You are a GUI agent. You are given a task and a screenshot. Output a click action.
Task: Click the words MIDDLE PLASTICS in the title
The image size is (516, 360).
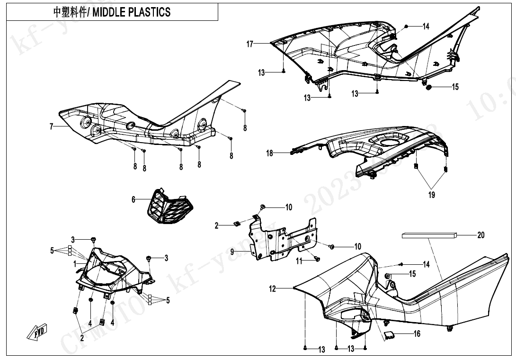pos(132,12)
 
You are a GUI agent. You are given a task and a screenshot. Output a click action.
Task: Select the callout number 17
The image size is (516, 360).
pos(250,44)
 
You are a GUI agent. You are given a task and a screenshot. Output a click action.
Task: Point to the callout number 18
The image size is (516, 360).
pos(269,153)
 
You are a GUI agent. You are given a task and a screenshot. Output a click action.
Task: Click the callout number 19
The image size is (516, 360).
pos(432,194)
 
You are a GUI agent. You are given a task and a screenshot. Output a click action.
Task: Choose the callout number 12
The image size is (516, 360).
pos(273,288)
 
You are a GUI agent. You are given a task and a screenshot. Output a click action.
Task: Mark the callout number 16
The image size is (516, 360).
pos(417,334)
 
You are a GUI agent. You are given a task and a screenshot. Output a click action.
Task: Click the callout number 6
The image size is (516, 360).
pos(133,200)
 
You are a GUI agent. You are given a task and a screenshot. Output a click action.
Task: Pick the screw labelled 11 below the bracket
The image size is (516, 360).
pos(317,259)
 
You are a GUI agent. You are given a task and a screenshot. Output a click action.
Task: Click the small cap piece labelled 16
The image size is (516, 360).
pos(391,335)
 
